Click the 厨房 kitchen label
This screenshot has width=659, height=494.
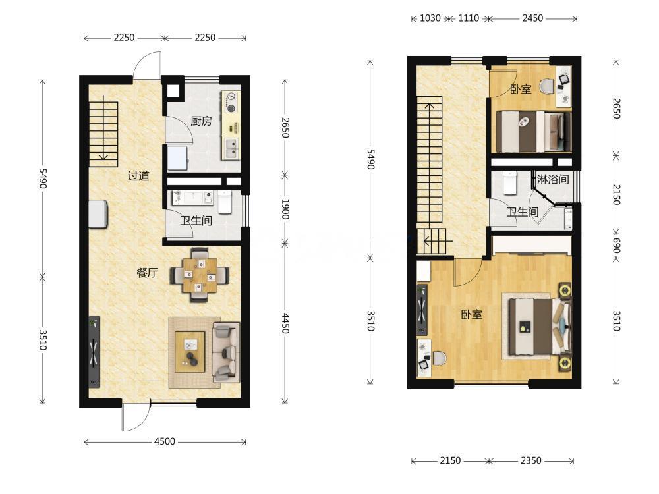pos(201,121)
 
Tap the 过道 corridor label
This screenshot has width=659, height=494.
pos(138,176)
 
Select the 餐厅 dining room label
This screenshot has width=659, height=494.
pos(148,273)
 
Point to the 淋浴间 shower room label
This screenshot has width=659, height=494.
pos(553,180)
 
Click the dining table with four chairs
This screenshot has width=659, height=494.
pos(200,275)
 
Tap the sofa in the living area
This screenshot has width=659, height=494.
pos(225,352)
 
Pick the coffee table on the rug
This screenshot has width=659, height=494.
pos(190,352)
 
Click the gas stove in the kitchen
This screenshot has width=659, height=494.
pos(230,103)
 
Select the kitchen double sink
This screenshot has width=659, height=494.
pos(231,149)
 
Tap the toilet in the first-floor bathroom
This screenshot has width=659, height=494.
pos(224,202)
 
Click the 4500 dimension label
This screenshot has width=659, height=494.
pos(165,441)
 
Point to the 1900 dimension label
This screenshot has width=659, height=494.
pos(285,209)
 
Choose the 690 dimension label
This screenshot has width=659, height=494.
pos(616,245)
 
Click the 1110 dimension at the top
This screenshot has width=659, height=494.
pos(469,18)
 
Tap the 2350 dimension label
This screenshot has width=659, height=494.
pos(530,461)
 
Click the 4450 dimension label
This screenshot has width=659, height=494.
pos(285,323)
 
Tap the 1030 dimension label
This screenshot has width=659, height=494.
pos(430,18)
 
